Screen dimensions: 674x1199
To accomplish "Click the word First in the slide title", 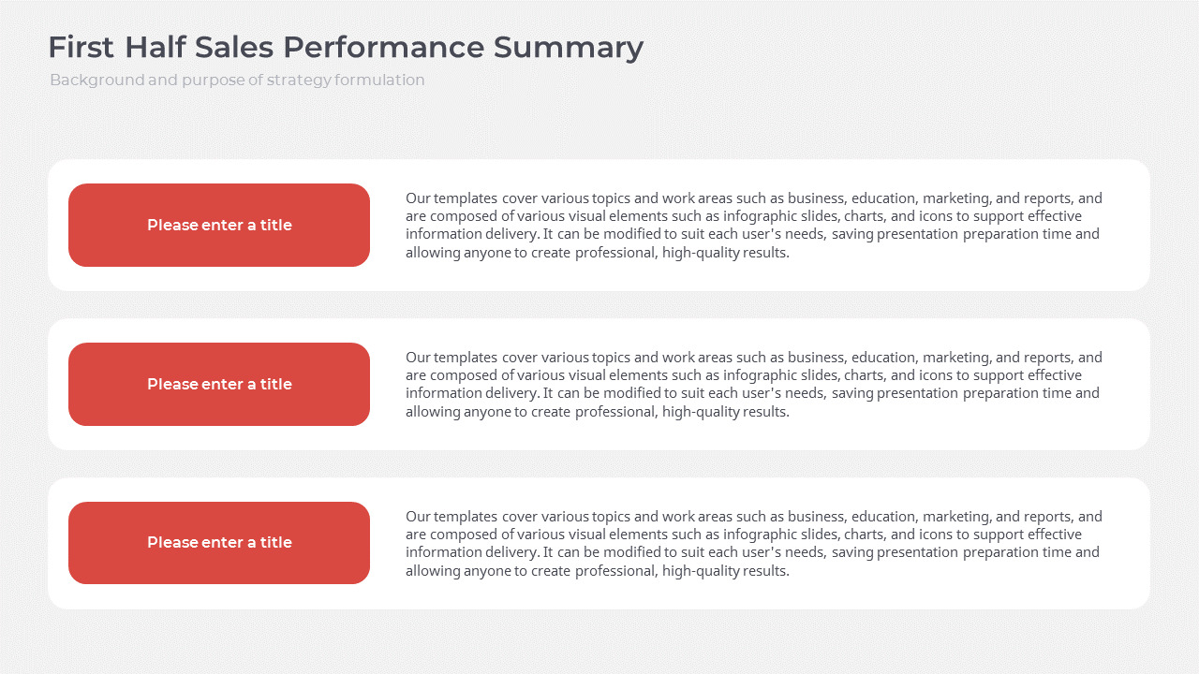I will (x=81, y=48).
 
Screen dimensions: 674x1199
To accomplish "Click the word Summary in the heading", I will (x=569, y=48).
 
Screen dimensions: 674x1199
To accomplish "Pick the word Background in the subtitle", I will (x=96, y=81).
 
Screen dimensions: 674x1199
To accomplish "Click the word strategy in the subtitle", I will (x=299, y=81).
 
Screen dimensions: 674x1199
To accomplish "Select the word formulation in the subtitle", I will (x=379, y=81).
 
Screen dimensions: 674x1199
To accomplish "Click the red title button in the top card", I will (x=219, y=225).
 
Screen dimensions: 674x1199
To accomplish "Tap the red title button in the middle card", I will (x=219, y=384).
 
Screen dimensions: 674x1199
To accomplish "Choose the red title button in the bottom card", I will (x=219, y=543).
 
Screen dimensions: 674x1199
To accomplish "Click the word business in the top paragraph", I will (x=816, y=198).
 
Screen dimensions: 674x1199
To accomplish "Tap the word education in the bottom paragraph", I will (x=884, y=517).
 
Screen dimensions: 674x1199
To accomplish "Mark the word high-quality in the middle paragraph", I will (x=701, y=411).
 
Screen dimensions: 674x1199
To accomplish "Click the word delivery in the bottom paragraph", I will (x=512, y=552).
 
